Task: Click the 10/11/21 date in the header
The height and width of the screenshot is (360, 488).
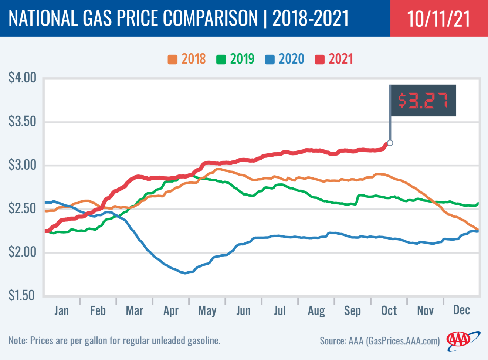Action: tap(438, 18)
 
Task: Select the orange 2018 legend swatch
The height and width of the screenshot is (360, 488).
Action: tap(172, 60)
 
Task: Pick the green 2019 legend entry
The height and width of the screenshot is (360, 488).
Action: tap(235, 59)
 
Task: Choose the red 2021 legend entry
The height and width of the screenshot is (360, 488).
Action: tap(334, 59)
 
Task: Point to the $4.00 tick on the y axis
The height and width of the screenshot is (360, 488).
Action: tap(23, 78)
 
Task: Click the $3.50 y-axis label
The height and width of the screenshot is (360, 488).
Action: tap(23, 122)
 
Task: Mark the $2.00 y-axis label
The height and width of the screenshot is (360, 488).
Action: tap(23, 252)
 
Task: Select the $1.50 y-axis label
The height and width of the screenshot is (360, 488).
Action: tap(23, 296)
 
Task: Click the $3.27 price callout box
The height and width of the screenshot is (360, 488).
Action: tap(423, 101)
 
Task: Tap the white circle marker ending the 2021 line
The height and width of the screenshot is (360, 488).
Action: tap(390, 143)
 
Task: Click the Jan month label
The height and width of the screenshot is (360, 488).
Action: tap(61, 310)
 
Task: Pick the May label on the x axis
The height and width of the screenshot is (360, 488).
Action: tap(207, 311)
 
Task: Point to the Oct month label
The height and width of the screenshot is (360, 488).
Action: tap(389, 310)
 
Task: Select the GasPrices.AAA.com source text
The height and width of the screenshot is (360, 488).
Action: tap(403, 341)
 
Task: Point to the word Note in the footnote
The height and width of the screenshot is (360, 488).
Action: tap(17, 340)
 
